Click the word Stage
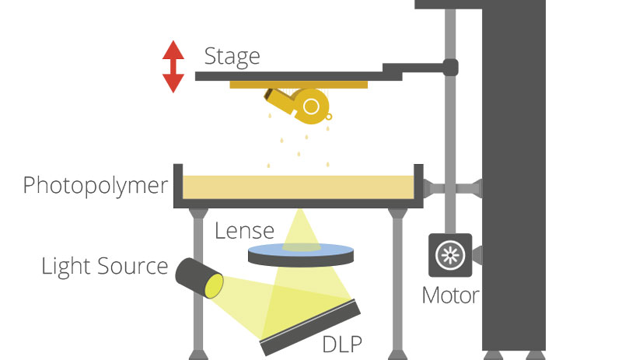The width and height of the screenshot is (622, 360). pyautogui.click(x=232, y=56)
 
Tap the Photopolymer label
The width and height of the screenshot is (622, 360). pyautogui.click(x=95, y=186)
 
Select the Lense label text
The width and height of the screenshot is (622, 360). pyautogui.click(x=244, y=231)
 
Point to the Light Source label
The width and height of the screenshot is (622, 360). pyautogui.click(x=104, y=266)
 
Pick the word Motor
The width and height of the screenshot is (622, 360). pyautogui.click(x=449, y=295)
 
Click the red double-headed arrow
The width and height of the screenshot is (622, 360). pyautogui.click(x=173, y=67)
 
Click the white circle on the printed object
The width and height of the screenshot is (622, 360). pyautogui.click(x=312, y=106)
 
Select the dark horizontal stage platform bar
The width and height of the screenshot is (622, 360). pyautogui.click(x=295, y=75)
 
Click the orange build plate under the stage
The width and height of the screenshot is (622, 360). pyautogui.click(x=299, y=84)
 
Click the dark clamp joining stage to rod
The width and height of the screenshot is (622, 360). pyautogui.click(x=449, y=68)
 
